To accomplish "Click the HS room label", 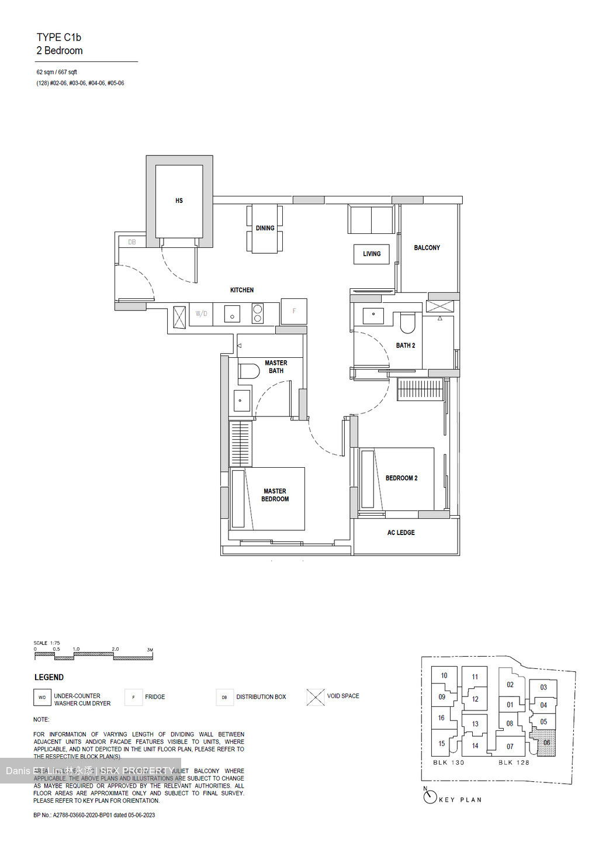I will pos(179,201).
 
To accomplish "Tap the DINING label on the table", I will pos(265,228).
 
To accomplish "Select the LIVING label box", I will pos(372,254).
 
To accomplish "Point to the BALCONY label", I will pos(427,248).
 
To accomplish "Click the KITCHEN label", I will pos(242,290).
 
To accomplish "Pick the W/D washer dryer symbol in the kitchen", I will pos(201,314).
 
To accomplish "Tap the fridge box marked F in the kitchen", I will pos(294,311).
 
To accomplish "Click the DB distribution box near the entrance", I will pos(132,241).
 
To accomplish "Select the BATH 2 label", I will pos(406,346).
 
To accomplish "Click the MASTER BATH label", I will pos(276,367).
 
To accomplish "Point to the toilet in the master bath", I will pos(249,371).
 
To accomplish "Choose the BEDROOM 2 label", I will pos(401,478).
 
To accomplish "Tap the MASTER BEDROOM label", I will pos(275,495).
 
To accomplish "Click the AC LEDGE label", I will pos(401,533).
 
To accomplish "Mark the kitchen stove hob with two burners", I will pos(257,314).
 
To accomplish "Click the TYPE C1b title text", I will pos(59,37).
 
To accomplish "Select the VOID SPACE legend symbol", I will pos(315,697).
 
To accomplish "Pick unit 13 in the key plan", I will pos(475,724).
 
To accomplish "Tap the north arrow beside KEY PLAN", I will pos(430,796).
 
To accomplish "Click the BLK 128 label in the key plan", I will pos(514,762).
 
